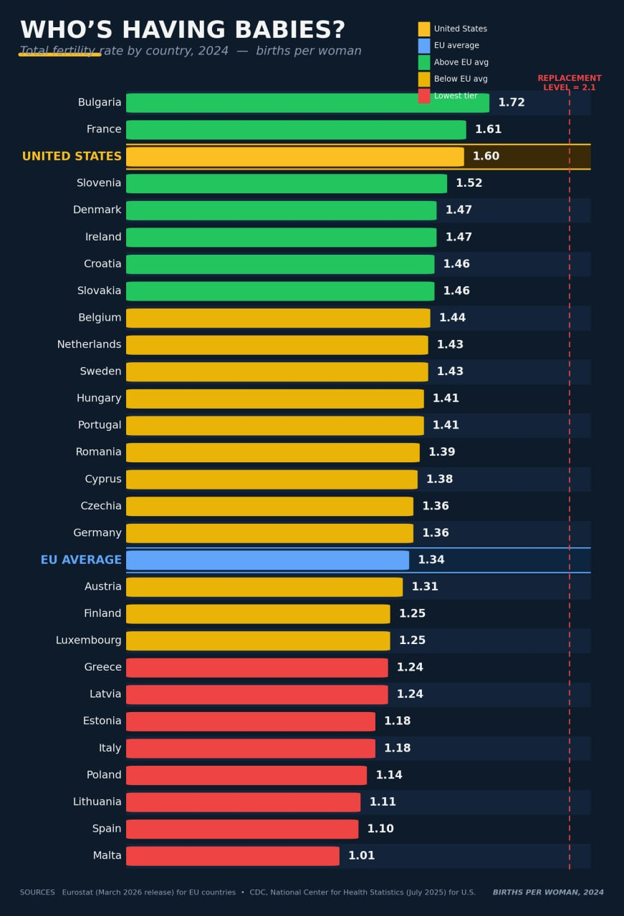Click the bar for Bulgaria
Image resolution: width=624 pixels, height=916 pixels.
pos(307,103)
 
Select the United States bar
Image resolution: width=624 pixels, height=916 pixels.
pos(295,157)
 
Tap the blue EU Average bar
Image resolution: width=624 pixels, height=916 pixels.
pos(267,560)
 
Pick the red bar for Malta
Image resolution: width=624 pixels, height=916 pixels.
pos(233,856)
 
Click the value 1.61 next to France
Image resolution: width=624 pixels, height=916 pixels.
pos(488,130)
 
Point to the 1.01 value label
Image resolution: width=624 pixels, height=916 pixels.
pos(361,856)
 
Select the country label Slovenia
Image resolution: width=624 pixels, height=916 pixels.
pos(99,183)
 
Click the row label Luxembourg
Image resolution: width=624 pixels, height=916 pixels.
pos(89,640)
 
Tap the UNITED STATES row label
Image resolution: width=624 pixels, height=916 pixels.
pos(72,157)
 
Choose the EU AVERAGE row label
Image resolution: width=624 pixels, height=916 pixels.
pos(81,560)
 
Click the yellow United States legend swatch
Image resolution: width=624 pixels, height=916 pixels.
pos(424,29)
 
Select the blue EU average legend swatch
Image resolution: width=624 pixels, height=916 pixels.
pos(424,46)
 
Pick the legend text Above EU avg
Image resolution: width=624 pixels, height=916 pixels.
pos(461,62)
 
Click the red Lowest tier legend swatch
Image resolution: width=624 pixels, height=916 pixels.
pos(424,96)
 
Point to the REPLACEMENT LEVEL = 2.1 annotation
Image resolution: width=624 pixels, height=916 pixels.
pos(569,83)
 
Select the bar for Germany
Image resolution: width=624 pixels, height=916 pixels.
pos(269,533)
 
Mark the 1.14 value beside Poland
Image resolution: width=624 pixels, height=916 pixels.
pos(389,775)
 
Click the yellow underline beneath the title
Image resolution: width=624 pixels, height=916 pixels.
pos(59,54)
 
